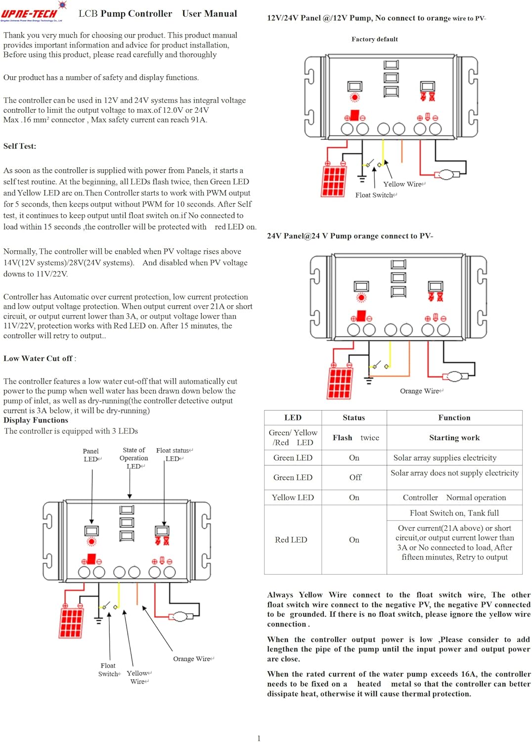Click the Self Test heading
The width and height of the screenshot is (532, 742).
(20, 146)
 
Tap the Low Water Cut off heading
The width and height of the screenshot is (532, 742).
(39, 358)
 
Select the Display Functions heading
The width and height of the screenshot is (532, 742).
(36, 420)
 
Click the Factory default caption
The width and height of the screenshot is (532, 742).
(374, 39)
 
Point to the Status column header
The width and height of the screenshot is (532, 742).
(354, 417)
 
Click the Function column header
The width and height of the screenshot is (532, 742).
(454, 417)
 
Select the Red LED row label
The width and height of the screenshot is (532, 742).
(291, 540)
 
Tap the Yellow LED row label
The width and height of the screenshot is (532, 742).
(293, 497)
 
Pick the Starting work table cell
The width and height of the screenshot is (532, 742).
(454, 438)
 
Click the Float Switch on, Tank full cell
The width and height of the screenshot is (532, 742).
(454, 513)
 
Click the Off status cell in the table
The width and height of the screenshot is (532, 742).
(355, 477)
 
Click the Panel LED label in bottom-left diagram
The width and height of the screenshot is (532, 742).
(91, 455)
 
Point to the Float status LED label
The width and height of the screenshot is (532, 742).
(174, 454)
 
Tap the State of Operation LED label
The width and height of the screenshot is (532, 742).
(134, 458)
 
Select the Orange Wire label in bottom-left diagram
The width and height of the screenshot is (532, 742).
(192, 659)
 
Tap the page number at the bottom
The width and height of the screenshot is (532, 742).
(259, 738)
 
